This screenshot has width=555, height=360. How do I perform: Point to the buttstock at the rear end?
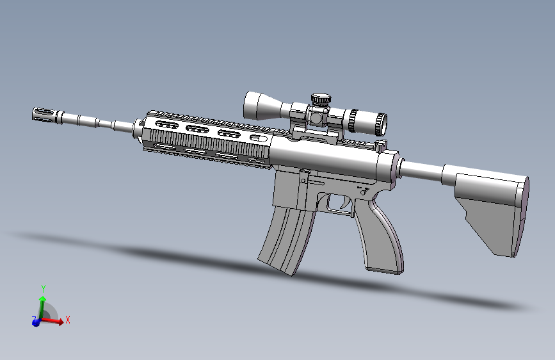click(493, 205)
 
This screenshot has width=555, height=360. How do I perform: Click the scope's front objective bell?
click(255, 105)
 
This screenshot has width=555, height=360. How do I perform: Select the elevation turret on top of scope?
click(321, 100)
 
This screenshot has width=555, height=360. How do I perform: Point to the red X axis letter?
click(68, 319)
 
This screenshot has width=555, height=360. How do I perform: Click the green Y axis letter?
click(43, 290)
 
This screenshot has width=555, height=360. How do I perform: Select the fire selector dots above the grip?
click(363, 190)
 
